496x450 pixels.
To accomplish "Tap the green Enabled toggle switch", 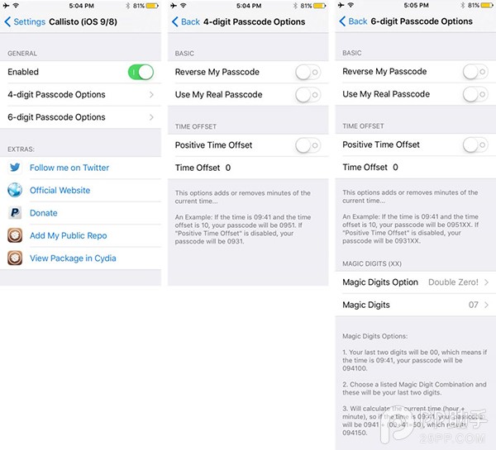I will point(141,73).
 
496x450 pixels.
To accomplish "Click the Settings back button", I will point(26,21).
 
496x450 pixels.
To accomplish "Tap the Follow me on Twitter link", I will point(69,168).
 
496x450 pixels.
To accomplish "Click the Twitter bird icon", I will point(15,168).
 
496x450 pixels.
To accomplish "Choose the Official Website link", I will point(60,190).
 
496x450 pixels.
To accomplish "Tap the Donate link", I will point(44,213).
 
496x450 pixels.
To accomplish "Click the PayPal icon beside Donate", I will point(15,213).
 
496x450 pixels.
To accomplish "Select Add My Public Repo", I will point(69,235).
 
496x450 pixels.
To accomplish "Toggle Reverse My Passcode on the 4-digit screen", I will point(308,73).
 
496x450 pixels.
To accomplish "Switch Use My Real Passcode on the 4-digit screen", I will point(308,95).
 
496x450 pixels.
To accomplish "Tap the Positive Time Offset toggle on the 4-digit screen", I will point(308,145).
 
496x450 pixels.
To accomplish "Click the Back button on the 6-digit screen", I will point(353,21).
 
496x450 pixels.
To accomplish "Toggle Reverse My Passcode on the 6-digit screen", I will point(475,73).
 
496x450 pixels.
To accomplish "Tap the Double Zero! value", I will point(453,282).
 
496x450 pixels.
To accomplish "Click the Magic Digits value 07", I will point(474,305).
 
